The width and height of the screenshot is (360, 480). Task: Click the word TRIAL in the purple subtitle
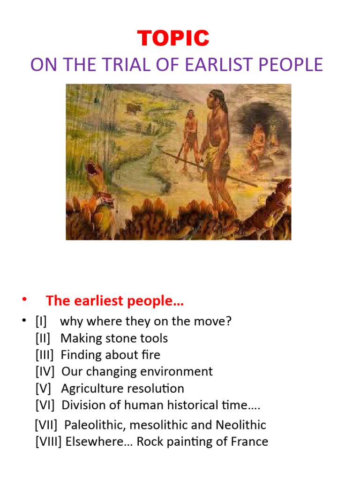(x=129, y=65)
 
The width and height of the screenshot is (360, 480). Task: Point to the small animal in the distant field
(x=134, y=109)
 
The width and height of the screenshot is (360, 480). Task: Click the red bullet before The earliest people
(x=23, y=301)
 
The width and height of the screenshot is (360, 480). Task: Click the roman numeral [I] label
(x=41, y=322)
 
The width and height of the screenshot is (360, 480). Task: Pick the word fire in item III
(x=151, y=355)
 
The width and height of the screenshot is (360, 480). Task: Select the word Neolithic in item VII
(x=240, y=425)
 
